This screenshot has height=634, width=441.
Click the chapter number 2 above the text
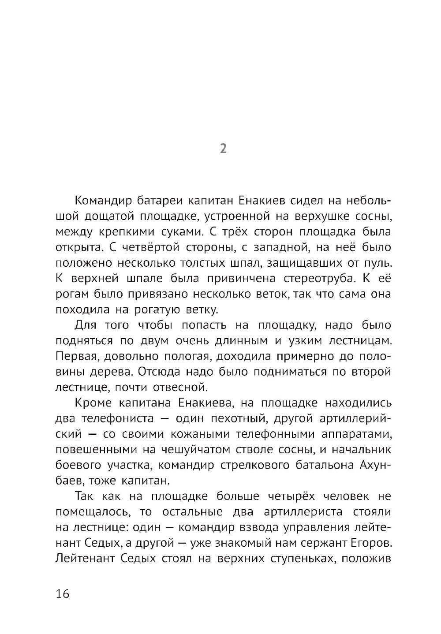click(x=223, y=149)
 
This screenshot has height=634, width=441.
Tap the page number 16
click(x=63, y=593)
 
